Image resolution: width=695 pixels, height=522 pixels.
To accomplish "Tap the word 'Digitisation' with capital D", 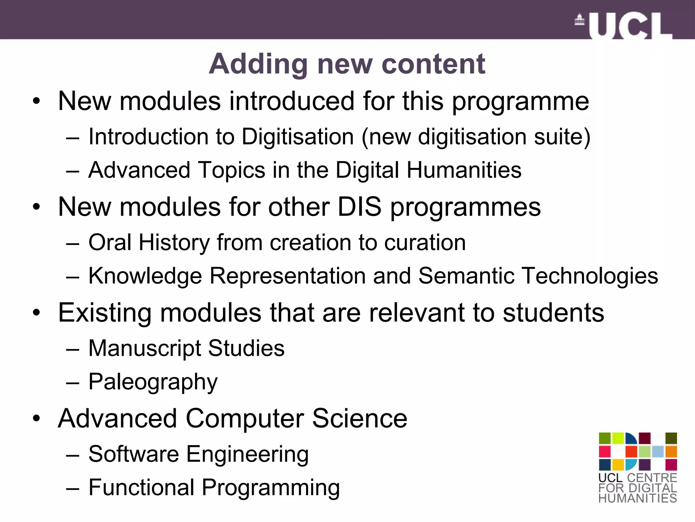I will point(298,137).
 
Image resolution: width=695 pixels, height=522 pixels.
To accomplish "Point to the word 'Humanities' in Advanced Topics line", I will point(464,170).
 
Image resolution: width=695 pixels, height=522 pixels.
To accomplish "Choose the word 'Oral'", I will point(110,242).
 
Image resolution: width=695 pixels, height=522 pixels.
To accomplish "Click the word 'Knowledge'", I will point(145,276).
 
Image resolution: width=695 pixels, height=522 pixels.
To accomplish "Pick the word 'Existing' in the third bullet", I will point(105,313).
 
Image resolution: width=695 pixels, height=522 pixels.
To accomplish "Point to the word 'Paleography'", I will point(153,382).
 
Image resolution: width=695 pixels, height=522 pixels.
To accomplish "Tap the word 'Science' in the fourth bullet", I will point(359,418).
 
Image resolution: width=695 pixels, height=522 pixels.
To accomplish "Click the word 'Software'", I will point(133,454).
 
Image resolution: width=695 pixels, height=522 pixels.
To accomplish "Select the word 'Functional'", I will point(141,487).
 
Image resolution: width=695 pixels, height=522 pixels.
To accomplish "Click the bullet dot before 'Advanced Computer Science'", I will point(36,419).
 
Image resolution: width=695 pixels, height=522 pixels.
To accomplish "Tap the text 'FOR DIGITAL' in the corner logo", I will point(638,488).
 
